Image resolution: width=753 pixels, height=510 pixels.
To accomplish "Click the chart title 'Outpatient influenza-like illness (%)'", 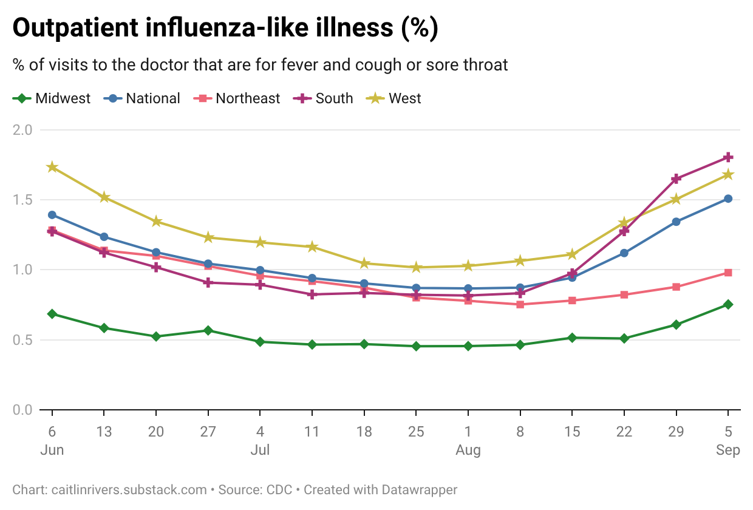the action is coord(225,27).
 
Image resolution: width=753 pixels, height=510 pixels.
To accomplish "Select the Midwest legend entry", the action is coord(52,98).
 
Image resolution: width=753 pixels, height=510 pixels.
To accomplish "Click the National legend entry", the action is coord(141,98).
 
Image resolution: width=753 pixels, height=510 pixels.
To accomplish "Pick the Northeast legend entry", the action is coord(237,98).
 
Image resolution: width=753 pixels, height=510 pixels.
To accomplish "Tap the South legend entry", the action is coord(323,98).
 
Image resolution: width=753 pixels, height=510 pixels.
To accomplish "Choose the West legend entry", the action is coord(394,98).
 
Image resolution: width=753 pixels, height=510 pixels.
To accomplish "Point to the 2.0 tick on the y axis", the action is coord(22,130).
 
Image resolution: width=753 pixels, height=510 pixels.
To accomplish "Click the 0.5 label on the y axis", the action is coord(22,340).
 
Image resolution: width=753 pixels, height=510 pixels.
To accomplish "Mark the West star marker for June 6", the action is coord(52,167).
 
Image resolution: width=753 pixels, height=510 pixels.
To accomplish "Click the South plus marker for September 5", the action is coord(728,157).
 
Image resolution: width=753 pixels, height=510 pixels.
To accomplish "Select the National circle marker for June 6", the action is coord(52,215).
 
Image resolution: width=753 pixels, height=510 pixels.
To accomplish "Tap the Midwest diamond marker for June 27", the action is coord(208,330).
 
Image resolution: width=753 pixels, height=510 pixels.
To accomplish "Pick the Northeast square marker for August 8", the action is coord(520,305).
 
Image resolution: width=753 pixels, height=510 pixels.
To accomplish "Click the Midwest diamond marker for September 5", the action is coord(728,305).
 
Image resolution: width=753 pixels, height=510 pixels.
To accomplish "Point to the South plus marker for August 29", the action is coord(676,178).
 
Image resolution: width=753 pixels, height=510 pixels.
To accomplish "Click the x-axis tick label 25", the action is coord(416,432).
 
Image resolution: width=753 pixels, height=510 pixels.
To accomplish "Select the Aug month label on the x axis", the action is coord(468,450).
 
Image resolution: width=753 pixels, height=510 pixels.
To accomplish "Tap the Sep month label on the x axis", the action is coord(728,450).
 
